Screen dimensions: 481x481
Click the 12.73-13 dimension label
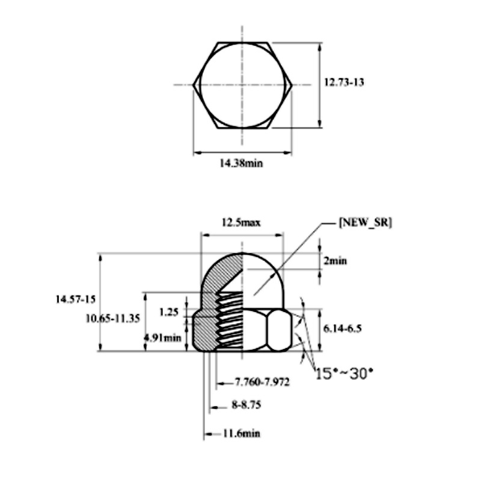coord(344,82)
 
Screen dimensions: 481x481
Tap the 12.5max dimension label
coord(241,222)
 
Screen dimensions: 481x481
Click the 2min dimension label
coord(335,261)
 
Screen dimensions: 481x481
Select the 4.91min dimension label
coord(162,337)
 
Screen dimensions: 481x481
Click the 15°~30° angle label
coord(344,373)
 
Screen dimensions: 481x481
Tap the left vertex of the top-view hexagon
coord(194,85)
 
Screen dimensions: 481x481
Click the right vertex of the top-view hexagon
coord(292,85)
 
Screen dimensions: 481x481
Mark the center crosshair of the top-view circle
coord(242,85)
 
